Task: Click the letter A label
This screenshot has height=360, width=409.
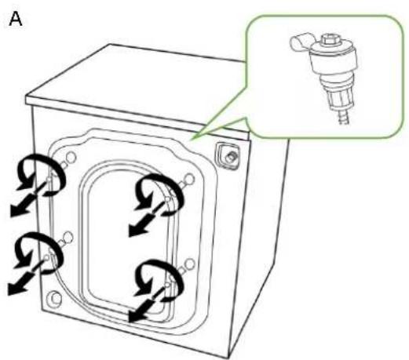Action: pyautogui.click(x=16, y=20)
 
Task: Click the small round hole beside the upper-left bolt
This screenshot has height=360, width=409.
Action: pyautogui.click(x=71, y=158)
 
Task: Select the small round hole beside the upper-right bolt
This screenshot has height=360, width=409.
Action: pyautogui.click(x=189, y=180)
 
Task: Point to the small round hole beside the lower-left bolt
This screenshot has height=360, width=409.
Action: pyautogui.click(x=68, y=237)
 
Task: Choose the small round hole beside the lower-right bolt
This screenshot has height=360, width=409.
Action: pyautogui.click(x=189, y=264)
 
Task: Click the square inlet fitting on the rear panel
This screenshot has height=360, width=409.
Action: pyautogui.click(x=227, y=156)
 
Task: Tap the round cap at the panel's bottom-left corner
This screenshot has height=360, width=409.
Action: pyautogui.click(x=55, y=298)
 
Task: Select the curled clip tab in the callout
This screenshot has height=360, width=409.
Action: pyautogui.click(x=301, y=41)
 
